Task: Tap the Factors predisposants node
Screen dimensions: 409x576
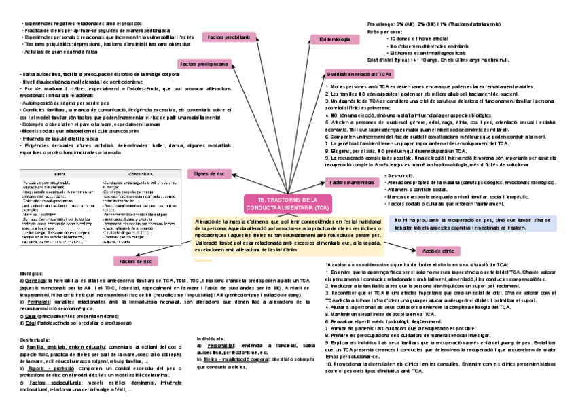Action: [x=203, y=63]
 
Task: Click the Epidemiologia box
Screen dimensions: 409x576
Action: [x=334, y=41]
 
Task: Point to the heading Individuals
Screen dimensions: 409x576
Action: [x=210, y=338]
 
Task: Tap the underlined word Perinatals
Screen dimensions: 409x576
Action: [x=40, y=300]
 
